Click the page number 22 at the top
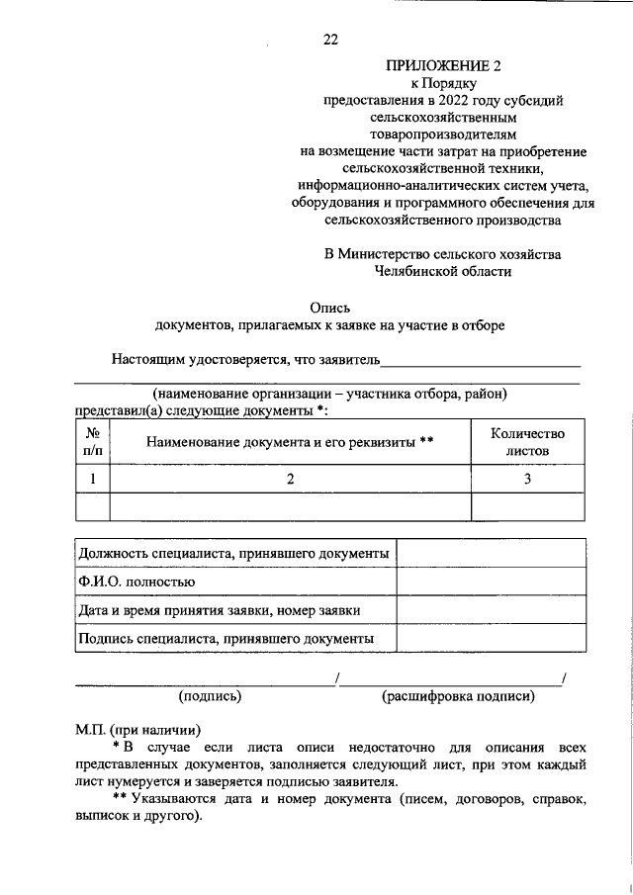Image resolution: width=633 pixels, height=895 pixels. pos(330,40)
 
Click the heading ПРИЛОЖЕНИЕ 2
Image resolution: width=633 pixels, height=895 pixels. pos(444,66)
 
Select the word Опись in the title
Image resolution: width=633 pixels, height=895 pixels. pos(329,308)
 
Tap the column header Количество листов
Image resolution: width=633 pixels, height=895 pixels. pos(527,442)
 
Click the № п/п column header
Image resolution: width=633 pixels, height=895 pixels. pos(92,442)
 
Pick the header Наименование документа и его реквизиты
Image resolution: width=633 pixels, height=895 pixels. pos(291,442)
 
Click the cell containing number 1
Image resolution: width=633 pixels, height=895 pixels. pos(92,479)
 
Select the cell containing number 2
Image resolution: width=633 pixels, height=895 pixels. pos(291,479)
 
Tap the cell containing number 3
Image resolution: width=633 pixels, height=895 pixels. pos(527,479)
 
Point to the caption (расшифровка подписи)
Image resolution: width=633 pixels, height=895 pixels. pos(459,696)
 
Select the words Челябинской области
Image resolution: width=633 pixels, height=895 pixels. pos(444,270)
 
